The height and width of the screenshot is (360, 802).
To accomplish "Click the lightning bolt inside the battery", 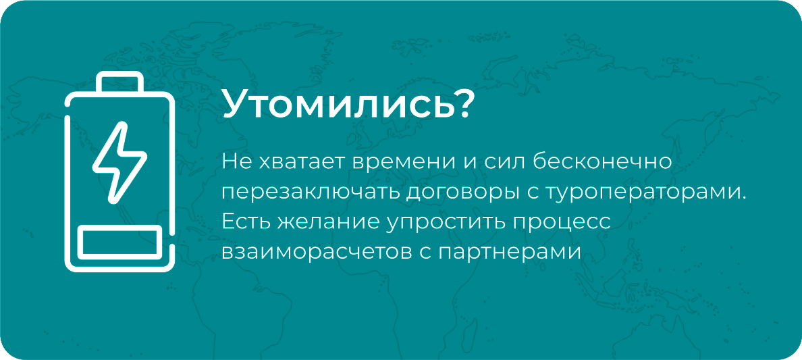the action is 119,163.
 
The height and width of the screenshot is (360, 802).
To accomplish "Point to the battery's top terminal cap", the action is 119,82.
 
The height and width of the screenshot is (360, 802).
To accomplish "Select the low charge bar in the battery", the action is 119,242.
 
